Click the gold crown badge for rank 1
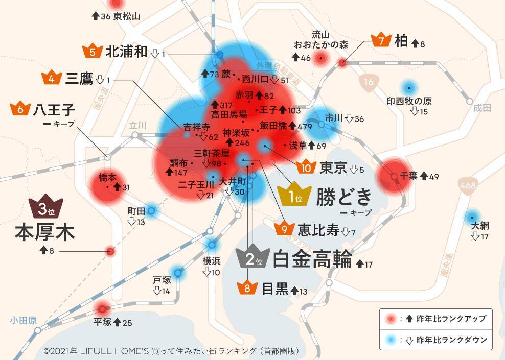(293, 195)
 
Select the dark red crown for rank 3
(45, 207)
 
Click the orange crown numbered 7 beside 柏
(381, 41)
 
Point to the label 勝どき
(344, 197)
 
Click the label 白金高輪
(313, 259)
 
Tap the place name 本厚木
(45, 231)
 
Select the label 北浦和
(127, 52)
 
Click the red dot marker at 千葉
(394, 176)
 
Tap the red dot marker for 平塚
(102, 308)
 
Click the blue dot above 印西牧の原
(408, 87)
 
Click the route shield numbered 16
(369, 82)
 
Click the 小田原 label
(23, 320)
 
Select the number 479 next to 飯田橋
(304, 125)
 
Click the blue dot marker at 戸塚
(178, 273)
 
